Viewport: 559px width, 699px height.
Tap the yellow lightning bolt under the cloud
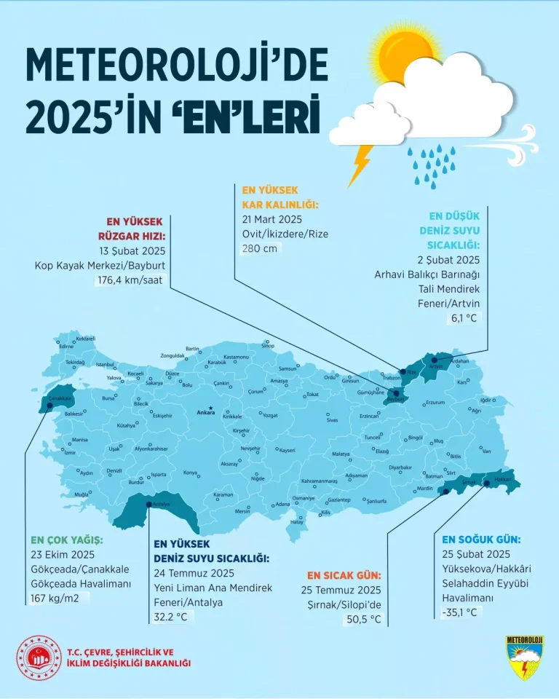pyautogui.click(x=360, y=165)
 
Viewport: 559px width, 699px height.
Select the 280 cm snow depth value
pyautogui.click(x=260, y=248)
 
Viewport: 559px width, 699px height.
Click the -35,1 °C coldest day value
pyautogui.click(x=461, y=612)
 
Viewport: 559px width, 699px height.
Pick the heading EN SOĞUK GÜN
pyautogui.click(x=480, y=540)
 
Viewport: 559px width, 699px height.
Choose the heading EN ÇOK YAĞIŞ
pyautogui.click(x=67, y=540)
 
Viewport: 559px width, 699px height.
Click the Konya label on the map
pyautogui.click(x=191, y=473)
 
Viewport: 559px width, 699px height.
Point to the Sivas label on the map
pyautogui.click(x=332, y=421)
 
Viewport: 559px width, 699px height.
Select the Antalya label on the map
pyautogui.click(x=160, y=504)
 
